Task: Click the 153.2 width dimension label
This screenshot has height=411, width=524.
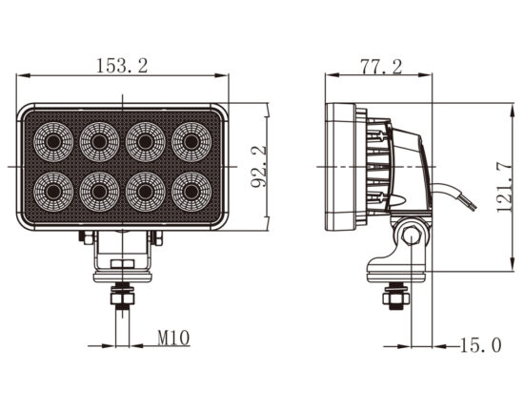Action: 122,66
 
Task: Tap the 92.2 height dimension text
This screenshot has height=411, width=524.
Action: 258,166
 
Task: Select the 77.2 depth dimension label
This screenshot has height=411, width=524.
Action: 381,67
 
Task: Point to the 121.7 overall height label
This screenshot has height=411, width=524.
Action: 504,187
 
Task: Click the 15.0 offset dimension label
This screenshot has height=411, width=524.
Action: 481,345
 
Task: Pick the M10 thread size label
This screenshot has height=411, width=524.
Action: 173,338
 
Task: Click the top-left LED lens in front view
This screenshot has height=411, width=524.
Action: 53,142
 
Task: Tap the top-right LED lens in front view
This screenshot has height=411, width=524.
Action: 191,142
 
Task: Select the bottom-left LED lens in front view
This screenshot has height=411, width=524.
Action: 53,192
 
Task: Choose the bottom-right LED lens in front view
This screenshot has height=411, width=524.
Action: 191,192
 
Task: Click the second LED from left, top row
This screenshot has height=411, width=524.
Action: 99,142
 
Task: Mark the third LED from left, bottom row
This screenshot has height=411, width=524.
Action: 146,192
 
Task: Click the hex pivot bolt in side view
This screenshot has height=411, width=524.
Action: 412,236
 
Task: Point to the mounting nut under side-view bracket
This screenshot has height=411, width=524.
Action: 395,298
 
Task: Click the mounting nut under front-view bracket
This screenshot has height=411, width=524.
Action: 122,298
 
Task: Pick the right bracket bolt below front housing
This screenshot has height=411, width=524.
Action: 156,237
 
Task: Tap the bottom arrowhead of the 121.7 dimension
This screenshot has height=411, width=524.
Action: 512,264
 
